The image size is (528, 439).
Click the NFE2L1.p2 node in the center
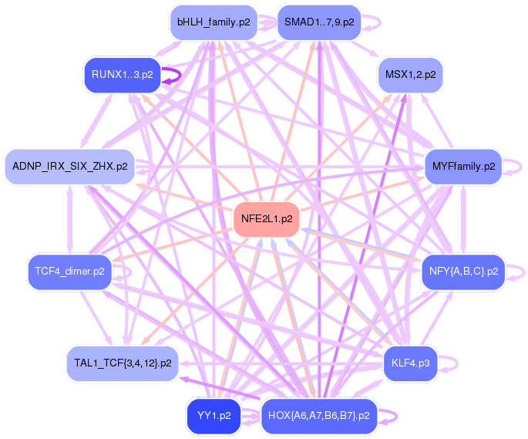266,218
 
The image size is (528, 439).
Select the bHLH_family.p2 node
213,22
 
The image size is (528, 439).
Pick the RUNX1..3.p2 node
122,75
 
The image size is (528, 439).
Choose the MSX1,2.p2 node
410,75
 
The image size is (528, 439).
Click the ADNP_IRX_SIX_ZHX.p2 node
69,166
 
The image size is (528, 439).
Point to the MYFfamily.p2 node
462,166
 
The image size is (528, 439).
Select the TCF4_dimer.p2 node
69,272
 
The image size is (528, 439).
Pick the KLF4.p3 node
410,362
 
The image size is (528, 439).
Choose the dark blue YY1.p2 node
214,416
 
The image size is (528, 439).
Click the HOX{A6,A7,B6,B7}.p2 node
318,416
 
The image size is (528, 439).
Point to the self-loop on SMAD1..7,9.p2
372,22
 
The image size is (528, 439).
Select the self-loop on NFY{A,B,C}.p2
518,272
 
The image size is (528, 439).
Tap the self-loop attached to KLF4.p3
452,362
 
